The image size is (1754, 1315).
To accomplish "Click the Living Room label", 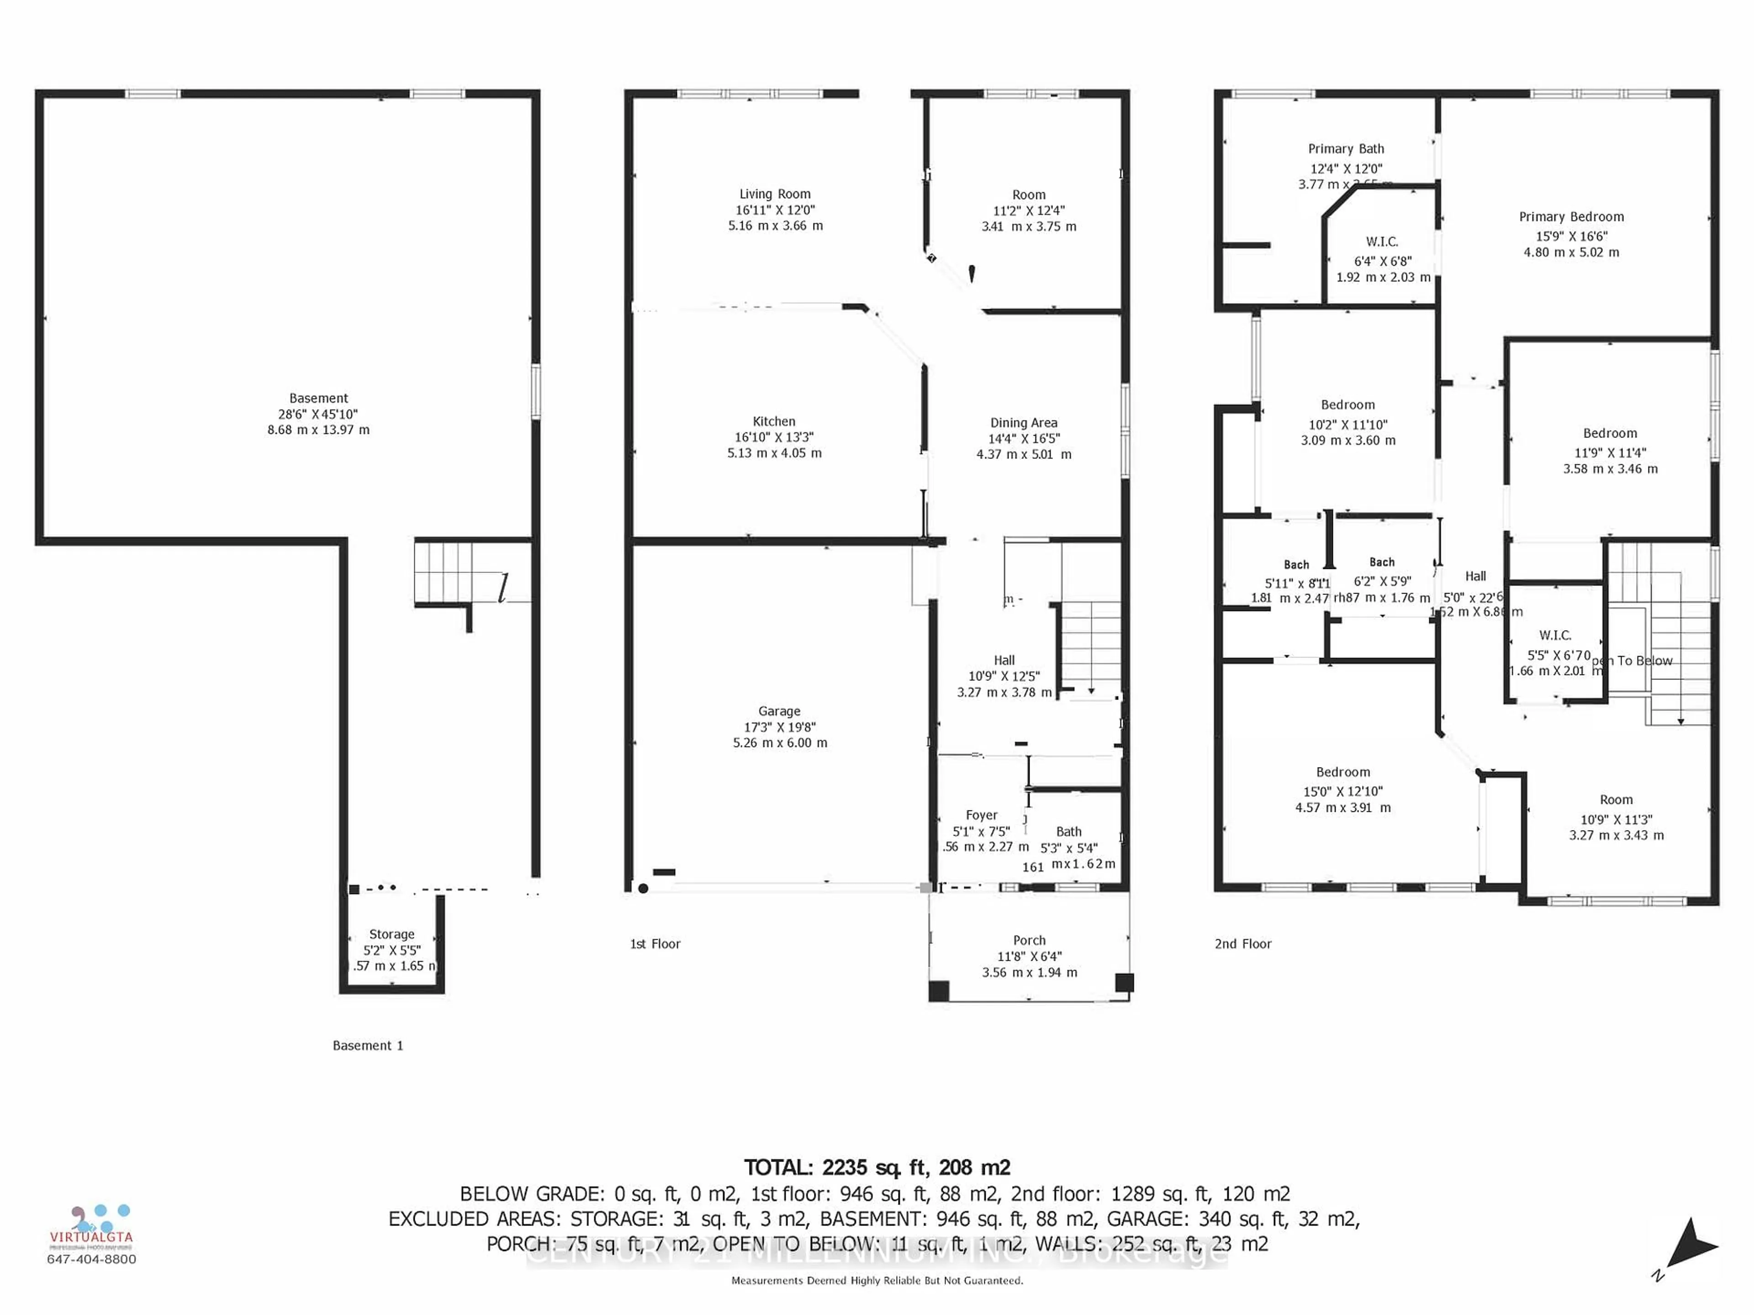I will point(775,194).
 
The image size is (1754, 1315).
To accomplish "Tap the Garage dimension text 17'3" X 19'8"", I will point(779,727).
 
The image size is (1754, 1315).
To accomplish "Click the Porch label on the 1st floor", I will point(1029,940).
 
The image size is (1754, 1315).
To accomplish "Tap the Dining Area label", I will point(1023,422).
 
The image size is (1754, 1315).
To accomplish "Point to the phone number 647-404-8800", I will point(92,1259).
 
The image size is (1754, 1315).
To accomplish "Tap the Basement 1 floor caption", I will point(368,1046).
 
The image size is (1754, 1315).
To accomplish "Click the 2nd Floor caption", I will point(1242,943).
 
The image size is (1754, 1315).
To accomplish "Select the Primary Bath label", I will point(1346,149).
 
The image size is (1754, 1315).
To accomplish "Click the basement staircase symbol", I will point(444,572).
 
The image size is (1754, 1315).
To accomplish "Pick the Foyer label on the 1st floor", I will point(982,815).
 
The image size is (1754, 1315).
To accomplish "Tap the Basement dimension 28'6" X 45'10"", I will point(318,414).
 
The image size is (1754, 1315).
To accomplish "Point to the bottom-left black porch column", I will point(939,991).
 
